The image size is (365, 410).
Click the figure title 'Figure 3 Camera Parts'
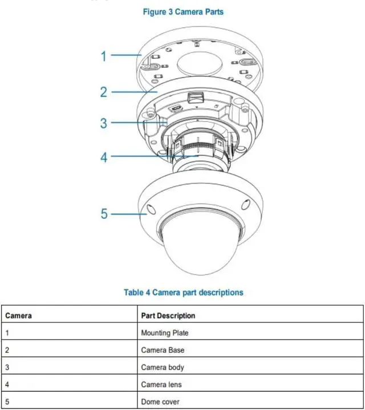[x=182, y=11]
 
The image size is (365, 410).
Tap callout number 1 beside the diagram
[x=104, y=55]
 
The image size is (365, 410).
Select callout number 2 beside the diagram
[x=104, y=91]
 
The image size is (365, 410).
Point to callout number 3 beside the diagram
[x=104, y=123]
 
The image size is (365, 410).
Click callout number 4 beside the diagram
[x=104, y=156]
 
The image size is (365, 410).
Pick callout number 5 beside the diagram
[x=104, y=214]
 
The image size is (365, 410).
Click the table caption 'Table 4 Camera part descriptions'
[x=183, y=293]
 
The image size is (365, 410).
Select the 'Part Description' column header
[x=168, y=315]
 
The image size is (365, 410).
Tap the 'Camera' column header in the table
[x=18, y=315]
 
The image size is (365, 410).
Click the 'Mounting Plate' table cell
[x=165, y=332]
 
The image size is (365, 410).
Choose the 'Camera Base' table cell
[x=163, y=350]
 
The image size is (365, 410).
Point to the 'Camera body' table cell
[x=163, y=367]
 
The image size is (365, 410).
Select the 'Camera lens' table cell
[x=161, y=384]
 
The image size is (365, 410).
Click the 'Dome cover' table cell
[x=160, y=401]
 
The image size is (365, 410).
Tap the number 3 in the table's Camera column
[x=7, y=367]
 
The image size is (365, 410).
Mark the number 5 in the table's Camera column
[x=7, y=401]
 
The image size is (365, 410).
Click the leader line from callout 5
[x=125, y=214]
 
